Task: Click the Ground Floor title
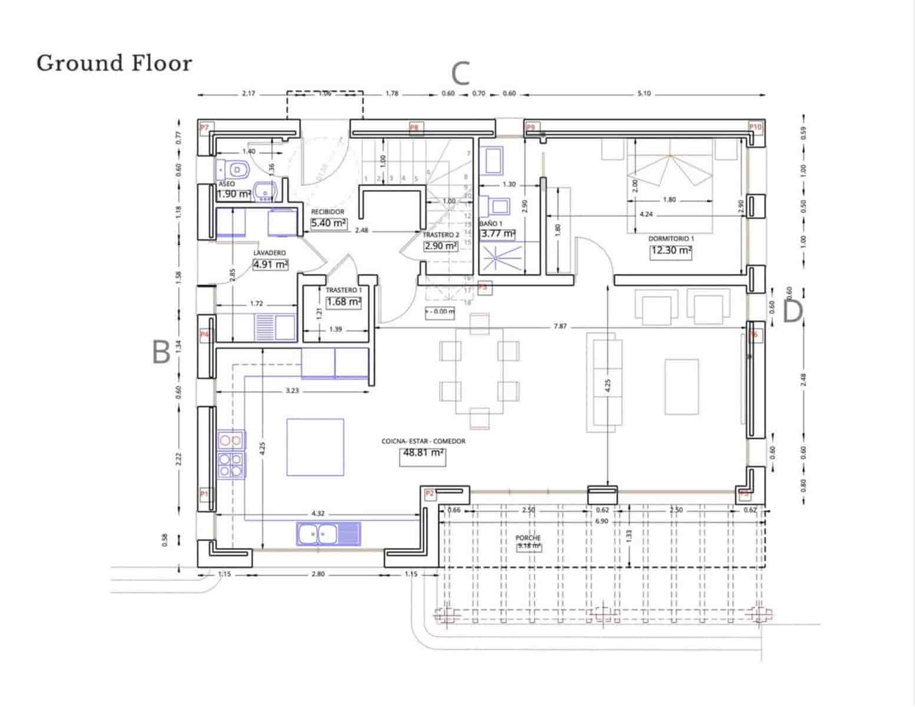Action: click(114, 63)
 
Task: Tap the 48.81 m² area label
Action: click(422, 454)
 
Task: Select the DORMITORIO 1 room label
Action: click(670, 239)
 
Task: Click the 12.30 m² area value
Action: click(670, 250)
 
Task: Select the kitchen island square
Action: click(315, 447)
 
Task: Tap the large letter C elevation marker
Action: click(460, 74)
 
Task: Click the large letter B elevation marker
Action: click(161, 352)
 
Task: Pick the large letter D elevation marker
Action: click(792, 312)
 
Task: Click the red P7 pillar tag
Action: click(204, 127)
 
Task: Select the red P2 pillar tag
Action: click(430, 493)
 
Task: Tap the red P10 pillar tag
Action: click(755, 127)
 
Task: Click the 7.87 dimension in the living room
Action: click(560, 326)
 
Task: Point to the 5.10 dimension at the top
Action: click(644, 94)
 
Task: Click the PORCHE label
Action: click(528, 538)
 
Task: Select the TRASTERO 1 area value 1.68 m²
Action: click(343, 302)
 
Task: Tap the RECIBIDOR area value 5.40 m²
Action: click(329, 223)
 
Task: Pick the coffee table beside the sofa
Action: click(682, 386)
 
